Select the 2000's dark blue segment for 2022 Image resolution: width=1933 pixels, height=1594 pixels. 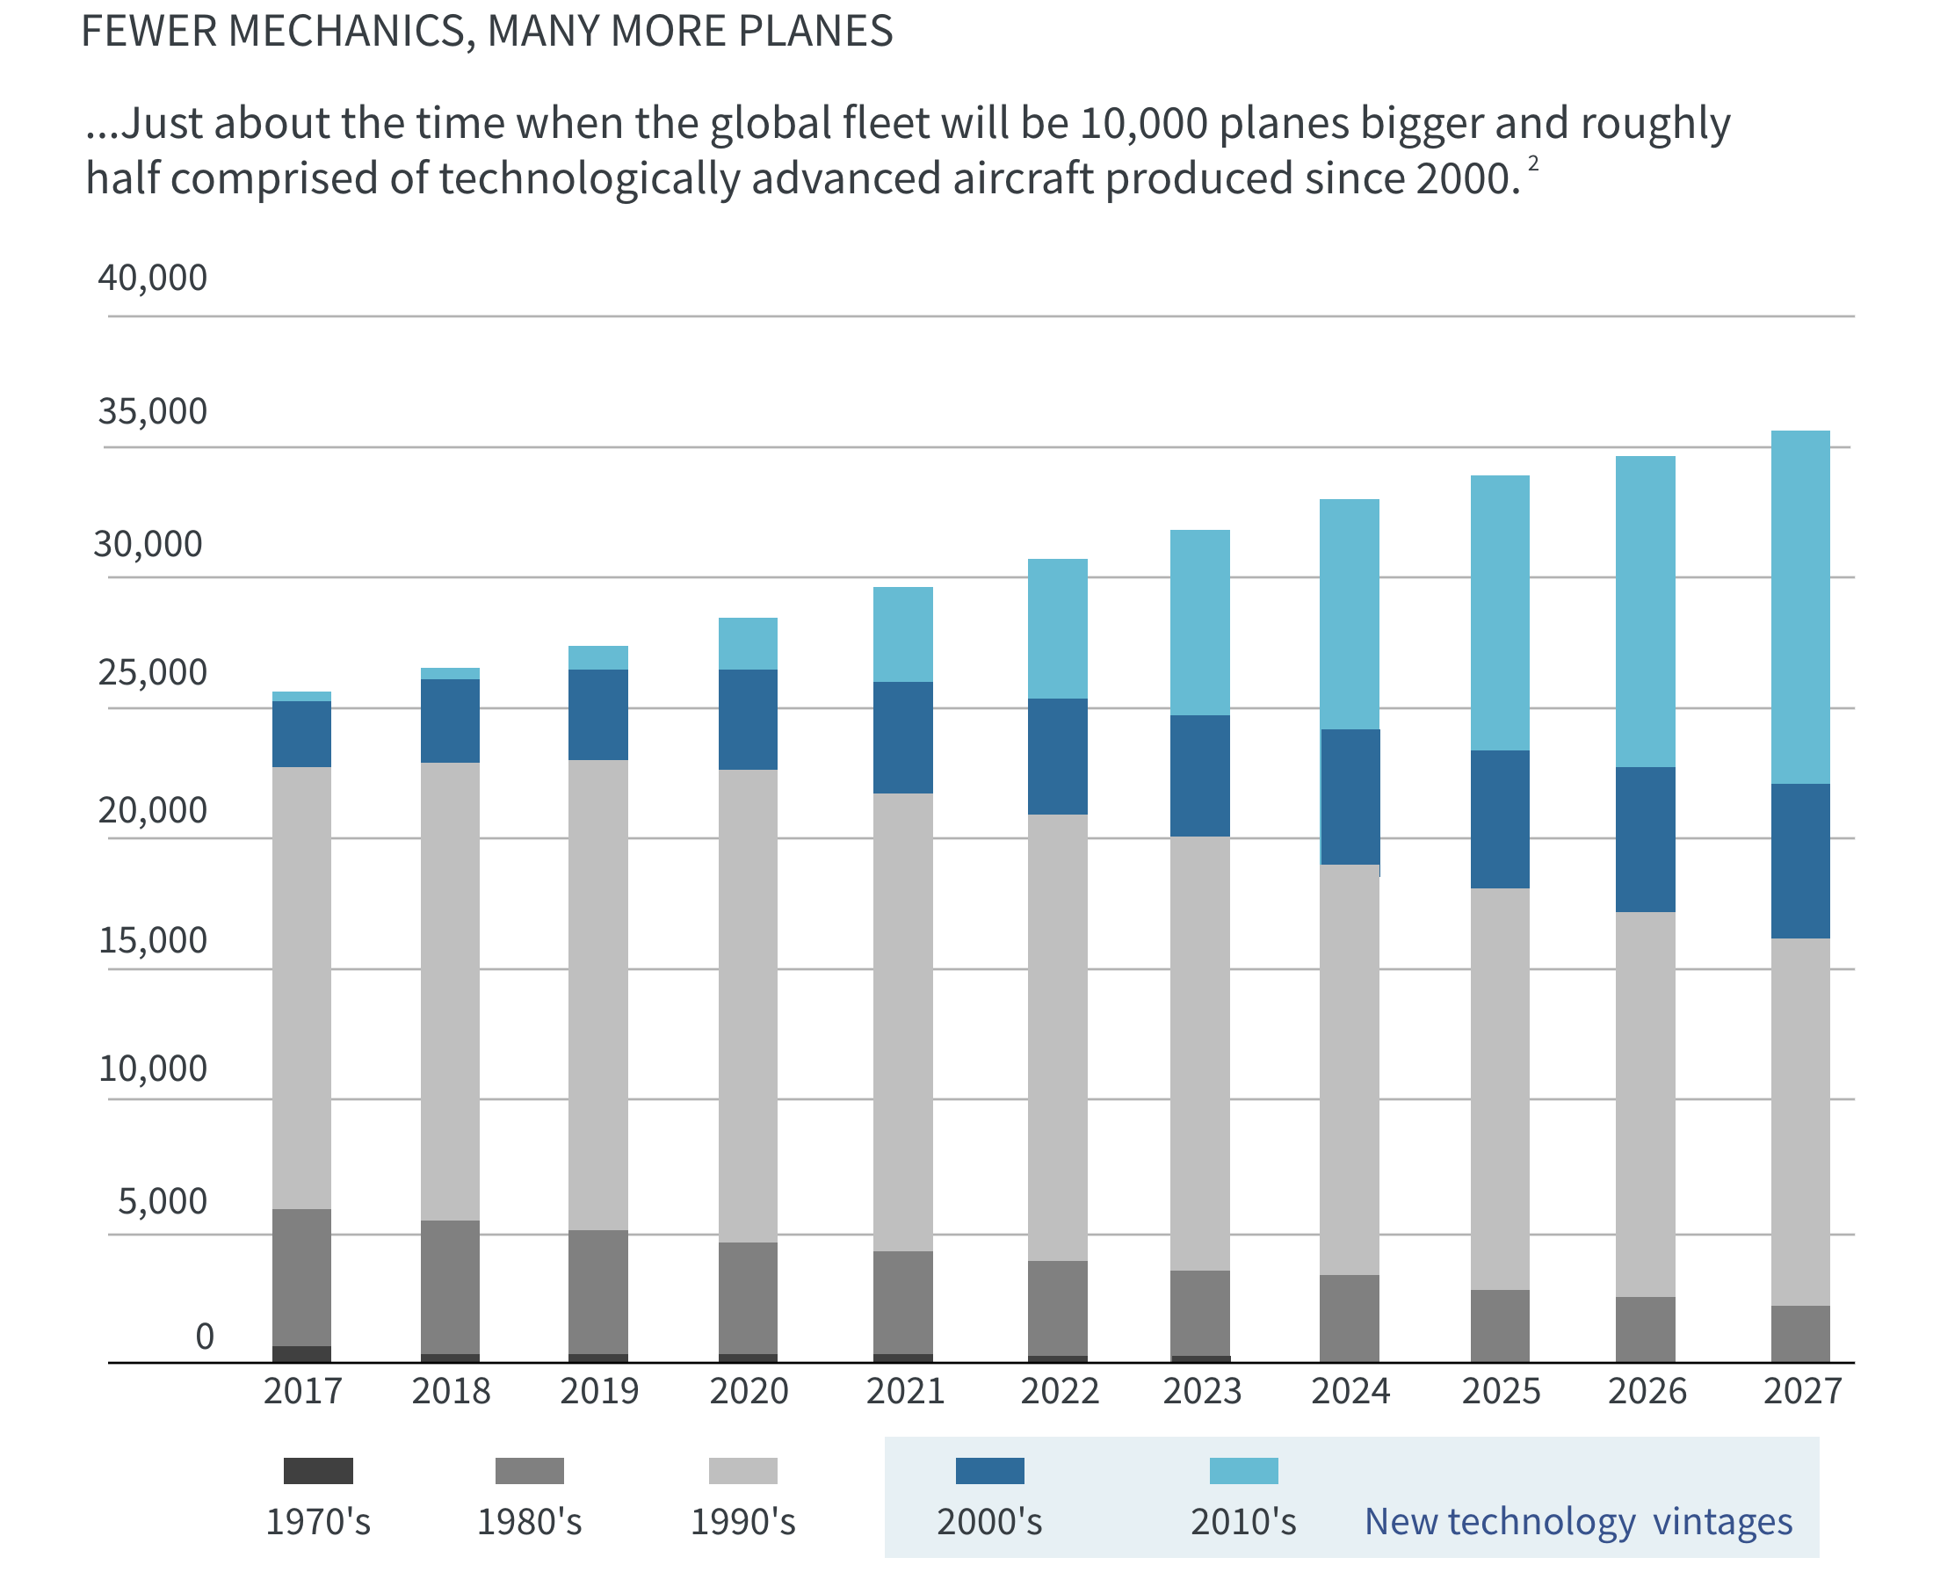[x=1056, y=756]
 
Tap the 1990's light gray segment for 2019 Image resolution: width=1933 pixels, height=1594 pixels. [x=597, y=994]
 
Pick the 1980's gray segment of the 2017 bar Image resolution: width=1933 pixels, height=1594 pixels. [x=301, y=1276]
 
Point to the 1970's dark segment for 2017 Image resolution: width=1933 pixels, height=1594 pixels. [x=301, y=1353]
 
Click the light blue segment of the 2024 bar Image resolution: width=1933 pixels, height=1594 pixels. [x=1349, y=613]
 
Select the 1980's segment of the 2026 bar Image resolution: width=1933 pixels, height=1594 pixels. [x=1644, y=1329]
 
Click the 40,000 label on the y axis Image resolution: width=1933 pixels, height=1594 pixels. [x=152, y=278]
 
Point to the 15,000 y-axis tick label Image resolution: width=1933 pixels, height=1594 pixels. [x=152, y=939]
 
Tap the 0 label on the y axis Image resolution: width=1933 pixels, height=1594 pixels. [x=204, y=1336]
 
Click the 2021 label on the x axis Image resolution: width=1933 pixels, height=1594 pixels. [x=905, y=1390]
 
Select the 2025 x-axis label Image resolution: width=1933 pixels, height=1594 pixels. [x=1500, y=1390]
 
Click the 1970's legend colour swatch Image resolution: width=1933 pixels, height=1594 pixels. [x=317, y=1470]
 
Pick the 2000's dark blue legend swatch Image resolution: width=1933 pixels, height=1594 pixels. [x=988, y=1470]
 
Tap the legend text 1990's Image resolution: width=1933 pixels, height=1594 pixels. [x=742, y=1521]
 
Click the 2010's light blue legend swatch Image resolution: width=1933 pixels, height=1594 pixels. [x=1242, y=1470]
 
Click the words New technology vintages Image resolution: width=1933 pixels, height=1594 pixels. [x=1577, y=1521]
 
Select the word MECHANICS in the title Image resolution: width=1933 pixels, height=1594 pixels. [x=350, y=32]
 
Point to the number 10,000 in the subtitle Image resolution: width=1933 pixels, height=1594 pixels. [x=1143, y=123]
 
